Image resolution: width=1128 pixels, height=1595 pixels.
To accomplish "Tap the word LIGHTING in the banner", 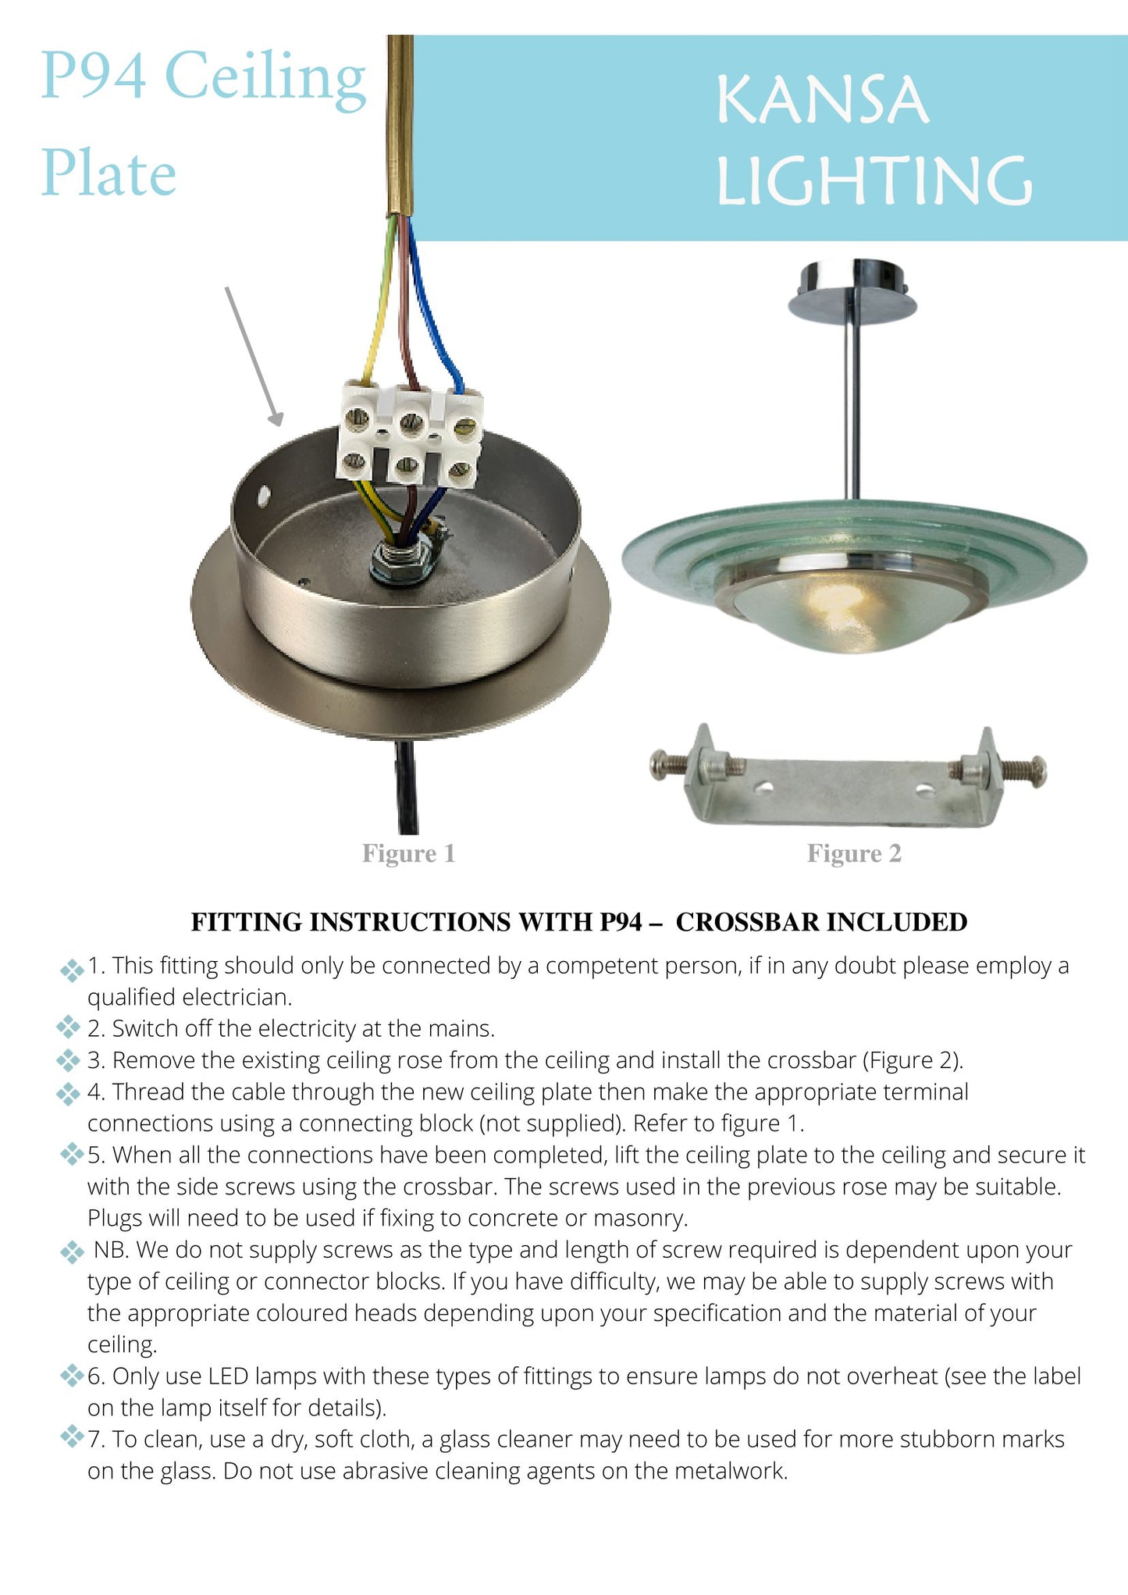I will coord(874,181).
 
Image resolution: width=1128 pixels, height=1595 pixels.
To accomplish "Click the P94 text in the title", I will coord(93,76).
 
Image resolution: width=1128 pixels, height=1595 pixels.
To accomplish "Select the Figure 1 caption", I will coord(408,853).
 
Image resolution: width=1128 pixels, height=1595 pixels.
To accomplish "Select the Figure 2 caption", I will coord(854,853).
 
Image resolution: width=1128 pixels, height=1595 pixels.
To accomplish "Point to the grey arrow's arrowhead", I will coord(276,420).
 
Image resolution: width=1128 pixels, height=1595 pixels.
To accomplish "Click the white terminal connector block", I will coord(408,435).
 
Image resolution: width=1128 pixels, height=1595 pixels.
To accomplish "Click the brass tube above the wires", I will coord(400,125).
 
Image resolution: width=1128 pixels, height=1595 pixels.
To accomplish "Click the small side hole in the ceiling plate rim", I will coord(263,494).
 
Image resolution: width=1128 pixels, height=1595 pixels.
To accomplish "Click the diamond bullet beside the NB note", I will coord(72,1252).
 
